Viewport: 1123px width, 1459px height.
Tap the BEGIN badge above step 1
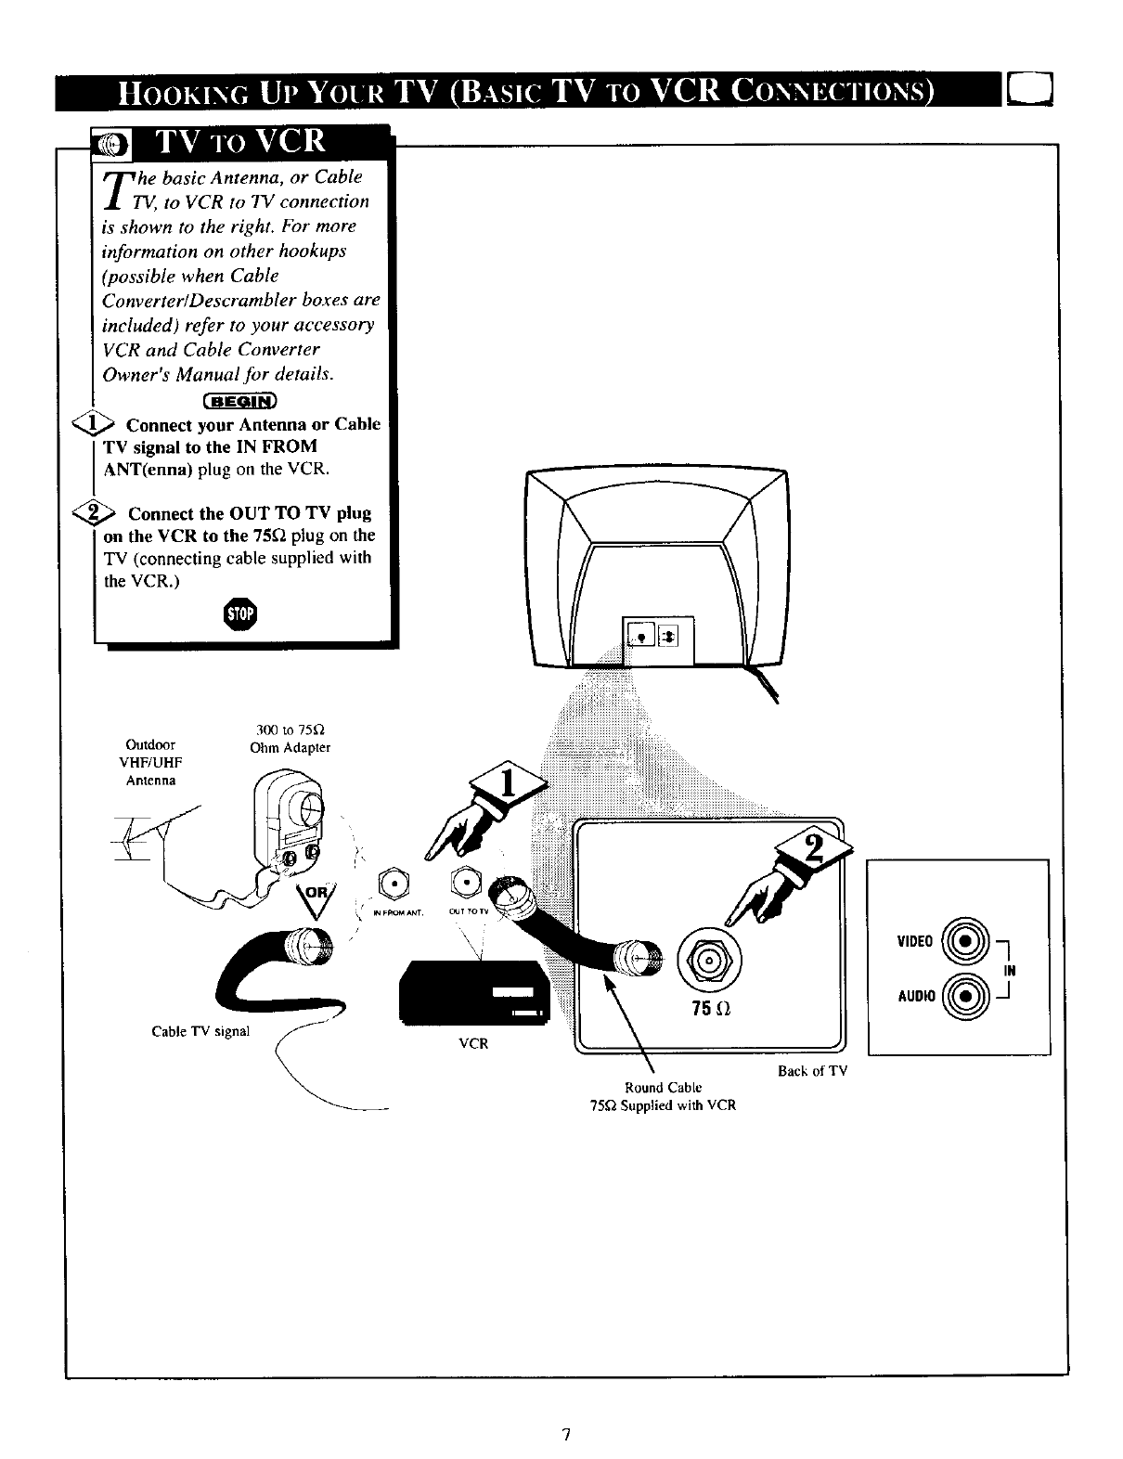click(239, 401)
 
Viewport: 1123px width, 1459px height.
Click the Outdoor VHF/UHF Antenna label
click(150, 762)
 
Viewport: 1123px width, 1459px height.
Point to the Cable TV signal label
click(200, 1031)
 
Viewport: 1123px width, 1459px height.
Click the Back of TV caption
click(812, 1071)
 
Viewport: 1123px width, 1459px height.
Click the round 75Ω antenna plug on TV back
click(708, 958)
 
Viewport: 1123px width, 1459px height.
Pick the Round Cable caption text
click(663, 1087)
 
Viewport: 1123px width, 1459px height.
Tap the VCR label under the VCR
click(473, 1043)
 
